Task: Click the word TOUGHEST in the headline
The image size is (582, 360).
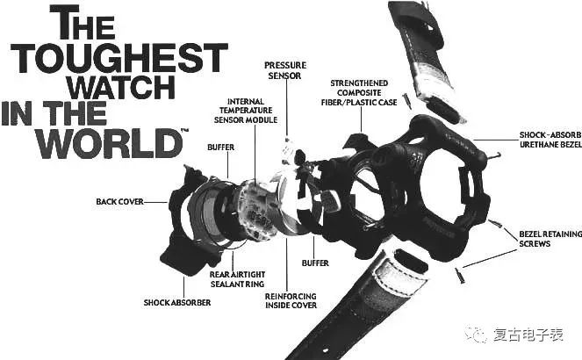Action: (x=119, y=58)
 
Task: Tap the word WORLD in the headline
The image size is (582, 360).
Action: (x=109, y=144)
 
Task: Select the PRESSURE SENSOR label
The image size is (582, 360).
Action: (x=285, y=70)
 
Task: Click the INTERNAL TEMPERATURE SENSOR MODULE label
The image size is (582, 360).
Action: (x=246, y=111)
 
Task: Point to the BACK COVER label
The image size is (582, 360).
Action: (x=119, y=202)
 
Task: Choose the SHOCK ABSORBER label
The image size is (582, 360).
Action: (x=177, y=302)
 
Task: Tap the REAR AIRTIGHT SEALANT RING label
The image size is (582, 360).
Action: (x=238, y=279)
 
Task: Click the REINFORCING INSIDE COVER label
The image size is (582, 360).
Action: (x=291, y=300)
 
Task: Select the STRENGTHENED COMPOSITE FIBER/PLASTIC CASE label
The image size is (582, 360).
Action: (x=359, y=93)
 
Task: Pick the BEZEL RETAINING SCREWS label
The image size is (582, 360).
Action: (x=550, y=239)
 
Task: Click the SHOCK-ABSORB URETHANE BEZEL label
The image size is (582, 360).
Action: (x=550, y=140)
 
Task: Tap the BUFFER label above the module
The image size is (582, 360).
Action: (x=221, y=148)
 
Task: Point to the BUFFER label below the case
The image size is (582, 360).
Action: (x=315, y=263)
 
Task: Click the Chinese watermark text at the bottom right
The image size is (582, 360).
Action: (x=528, y=335)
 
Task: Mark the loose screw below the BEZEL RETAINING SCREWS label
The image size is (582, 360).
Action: (x=460, y=276)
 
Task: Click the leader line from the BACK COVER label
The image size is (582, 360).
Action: (x=156, y=202)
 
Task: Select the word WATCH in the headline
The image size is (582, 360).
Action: (x=121, y=87)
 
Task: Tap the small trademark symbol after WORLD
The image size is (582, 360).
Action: (x=184, y=130)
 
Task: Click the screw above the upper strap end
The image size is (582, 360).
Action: (x=406, y=100)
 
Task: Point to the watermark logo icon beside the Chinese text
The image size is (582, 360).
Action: (x=476, y=335)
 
